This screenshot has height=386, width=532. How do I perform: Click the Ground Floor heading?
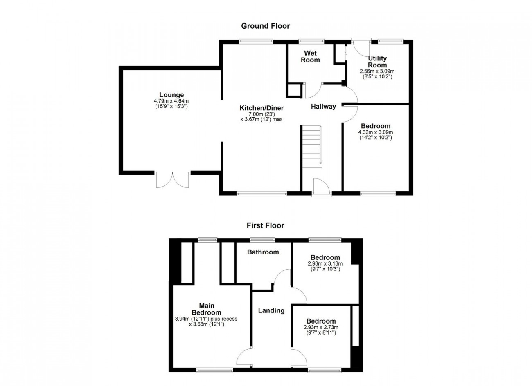point(266,26)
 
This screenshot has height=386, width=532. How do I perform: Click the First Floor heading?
point(265,225)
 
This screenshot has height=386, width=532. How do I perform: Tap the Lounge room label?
point(171,95)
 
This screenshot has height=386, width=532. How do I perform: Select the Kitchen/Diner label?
point(261,108)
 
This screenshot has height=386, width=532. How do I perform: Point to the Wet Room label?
point(311,56)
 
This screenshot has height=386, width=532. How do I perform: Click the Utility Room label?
point(377,62)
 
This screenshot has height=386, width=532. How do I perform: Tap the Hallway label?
point(323,107)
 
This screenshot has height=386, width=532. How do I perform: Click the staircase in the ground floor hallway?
point(312,147)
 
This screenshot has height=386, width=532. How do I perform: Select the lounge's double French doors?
point(172,180)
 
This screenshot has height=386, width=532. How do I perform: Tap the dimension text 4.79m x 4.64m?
point(171,101)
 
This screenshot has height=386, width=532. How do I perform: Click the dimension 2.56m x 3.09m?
point(377,71)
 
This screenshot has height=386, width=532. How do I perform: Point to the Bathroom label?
point(263,252)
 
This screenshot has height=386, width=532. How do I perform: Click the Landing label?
point(271,310)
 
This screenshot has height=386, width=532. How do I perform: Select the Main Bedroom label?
point(206,309)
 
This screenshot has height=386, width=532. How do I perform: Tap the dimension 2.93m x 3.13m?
point(325,263)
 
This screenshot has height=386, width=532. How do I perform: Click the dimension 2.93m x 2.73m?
point(321,328)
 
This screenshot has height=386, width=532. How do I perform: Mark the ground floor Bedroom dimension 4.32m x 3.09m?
point(376,132)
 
